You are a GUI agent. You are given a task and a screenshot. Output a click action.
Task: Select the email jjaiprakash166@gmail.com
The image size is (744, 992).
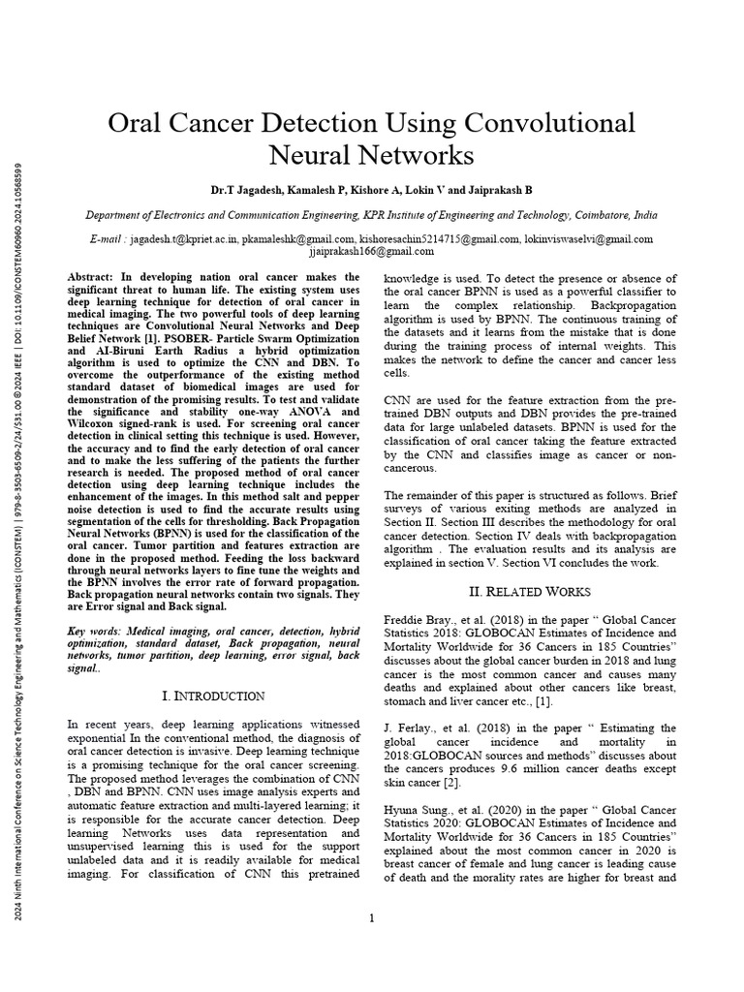point(371,251)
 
